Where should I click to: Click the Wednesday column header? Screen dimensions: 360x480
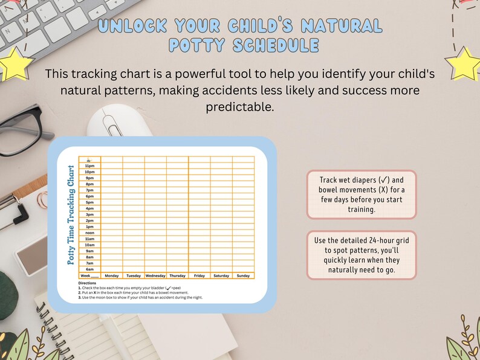click(x=155, y=275)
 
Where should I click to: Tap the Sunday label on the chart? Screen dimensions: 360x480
click(x=243, y=275)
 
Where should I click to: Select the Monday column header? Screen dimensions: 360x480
click(x=112, y=275)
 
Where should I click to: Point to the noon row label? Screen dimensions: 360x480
click(x=89, y=233)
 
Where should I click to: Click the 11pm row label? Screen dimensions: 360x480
click(x=89, y=166)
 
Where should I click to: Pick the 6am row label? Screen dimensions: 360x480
click(x=89, y=269)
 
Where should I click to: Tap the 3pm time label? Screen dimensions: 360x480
click(x=89, y=214)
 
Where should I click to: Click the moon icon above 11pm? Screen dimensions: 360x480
click(x=89, y=159)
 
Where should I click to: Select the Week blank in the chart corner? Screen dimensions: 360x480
click(x=89, y=275)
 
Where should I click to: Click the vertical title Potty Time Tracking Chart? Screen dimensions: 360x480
click(x=71, y=214)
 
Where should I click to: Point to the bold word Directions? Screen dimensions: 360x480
click(x=87, y=283)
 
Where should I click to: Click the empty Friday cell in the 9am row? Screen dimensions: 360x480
click(x=199, y=251)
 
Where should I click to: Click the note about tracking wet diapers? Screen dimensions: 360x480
click(x=362, y=194)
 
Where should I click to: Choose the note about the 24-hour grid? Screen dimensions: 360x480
click(x=362, y=255)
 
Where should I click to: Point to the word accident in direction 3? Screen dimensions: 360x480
click(x=169, y=297)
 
